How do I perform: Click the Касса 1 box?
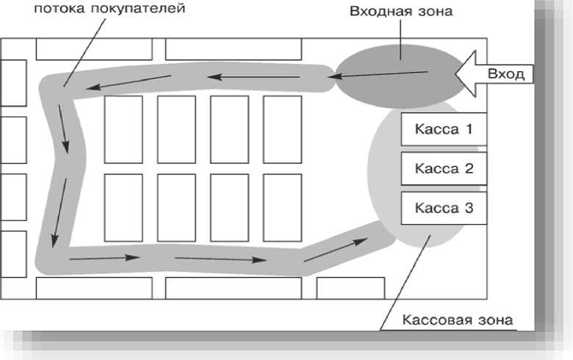(443, 129)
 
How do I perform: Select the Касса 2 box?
(443, 168)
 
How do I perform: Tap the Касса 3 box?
(443, 208)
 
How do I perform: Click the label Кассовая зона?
(457, 320)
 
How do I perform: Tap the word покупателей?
(140, 10)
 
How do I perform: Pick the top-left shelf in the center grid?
(123, 129)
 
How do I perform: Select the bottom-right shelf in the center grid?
(282, 207)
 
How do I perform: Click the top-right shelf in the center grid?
(282, 129)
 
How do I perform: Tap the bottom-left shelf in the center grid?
(123, 207)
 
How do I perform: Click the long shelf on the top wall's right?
(234, 48)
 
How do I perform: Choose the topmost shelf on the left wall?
(12, 82)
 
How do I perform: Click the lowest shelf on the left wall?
(12, 253)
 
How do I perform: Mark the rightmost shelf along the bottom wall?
(350, 288)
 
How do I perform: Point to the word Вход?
(505, 74)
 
